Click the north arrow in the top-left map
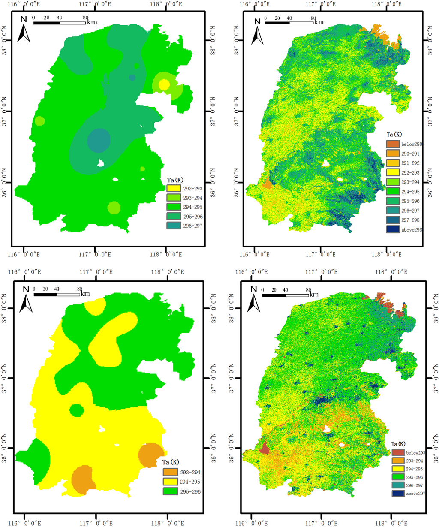coord(24,30)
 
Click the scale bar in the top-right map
coord(289,22)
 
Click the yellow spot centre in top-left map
coord(164,85)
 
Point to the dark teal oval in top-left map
coord(99,140)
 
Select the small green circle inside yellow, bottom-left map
coord(77,410)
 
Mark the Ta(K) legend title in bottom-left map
coord(172,462)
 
